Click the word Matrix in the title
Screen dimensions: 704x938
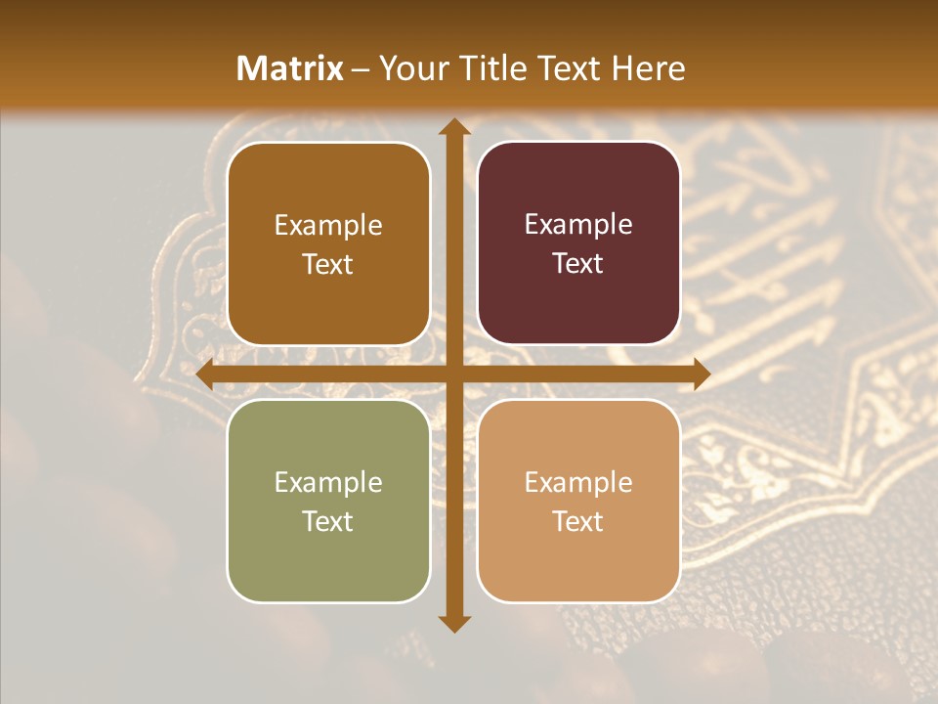coord(290,68)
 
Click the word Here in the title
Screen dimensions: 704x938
coord(648,68)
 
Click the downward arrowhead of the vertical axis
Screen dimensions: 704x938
coord(453,623)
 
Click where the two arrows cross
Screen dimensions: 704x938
coord(453,374)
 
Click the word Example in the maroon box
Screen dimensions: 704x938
coord(578,225)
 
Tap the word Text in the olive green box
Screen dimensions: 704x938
coord(328,521)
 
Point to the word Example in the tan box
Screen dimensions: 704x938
coord(578,482)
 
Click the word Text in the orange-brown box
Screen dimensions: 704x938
coord(328,264)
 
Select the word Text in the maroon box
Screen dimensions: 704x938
coord(578,263)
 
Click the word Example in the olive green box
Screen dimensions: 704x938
coord(328,482)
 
